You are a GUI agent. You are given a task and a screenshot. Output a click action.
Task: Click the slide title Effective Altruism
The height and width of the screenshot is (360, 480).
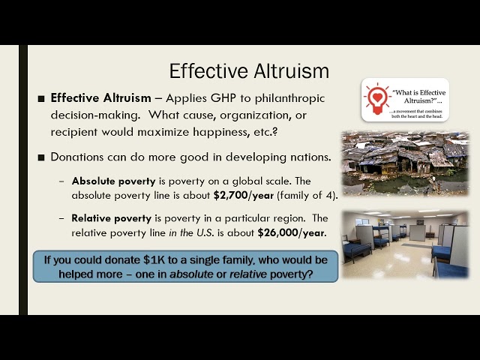click(249, 71)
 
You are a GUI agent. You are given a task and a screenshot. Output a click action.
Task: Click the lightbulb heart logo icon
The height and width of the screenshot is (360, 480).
click(378, 100)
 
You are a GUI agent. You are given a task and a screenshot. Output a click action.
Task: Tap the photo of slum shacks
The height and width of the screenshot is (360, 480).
click(405, 163)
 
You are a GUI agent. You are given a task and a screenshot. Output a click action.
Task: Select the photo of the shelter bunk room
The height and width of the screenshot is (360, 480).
click(405, 244)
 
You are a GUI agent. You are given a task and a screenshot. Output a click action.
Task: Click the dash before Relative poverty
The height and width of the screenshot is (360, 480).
click(62, 218)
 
